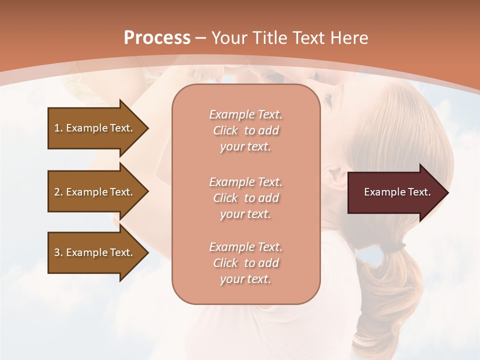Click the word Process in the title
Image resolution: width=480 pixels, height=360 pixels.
[157, 38]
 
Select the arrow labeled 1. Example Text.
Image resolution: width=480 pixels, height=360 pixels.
[95, 128]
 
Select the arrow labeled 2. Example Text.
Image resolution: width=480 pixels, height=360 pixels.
[95, 192]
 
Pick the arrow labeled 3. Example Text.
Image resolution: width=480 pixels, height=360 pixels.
[95, 252]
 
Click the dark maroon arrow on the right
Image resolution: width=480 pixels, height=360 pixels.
[395, 192]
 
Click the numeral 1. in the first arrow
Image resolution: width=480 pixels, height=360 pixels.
[58, 128]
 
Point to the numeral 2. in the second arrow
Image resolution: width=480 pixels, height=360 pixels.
[58, 192]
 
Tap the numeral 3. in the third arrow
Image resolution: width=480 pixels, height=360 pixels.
[58, 252]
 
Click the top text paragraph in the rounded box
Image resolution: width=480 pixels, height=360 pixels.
[245, 130]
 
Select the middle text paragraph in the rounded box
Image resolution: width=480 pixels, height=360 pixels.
[245, 198]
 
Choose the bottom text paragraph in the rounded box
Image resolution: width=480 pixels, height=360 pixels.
[245, 263]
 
